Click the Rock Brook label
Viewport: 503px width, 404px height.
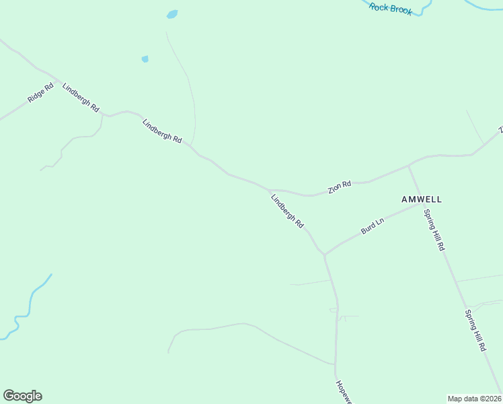tap(391, 9)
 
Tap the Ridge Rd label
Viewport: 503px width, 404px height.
tap(40, 93)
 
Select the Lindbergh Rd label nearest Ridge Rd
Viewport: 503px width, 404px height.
tap(81, 98)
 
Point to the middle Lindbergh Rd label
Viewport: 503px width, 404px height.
tap(162, 131)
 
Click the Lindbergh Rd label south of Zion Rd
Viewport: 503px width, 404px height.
tap(287, 210)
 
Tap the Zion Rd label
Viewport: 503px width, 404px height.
tap(340, 187)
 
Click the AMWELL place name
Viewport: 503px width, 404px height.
tap(421, 199)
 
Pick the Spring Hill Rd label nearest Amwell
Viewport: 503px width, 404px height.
tap(434, 230)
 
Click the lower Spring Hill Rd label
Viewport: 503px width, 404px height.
tap(475, 331)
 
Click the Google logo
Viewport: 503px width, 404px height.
tap(22, 396)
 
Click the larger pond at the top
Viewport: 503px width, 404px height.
tap(172, 14)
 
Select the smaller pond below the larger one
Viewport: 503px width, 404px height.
tap(145, 59)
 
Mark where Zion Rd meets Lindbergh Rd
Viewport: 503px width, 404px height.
tap(270, 190)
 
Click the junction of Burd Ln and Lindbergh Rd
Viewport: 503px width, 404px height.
tap(324, 255)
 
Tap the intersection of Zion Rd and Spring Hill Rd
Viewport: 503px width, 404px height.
tap(409, 165)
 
